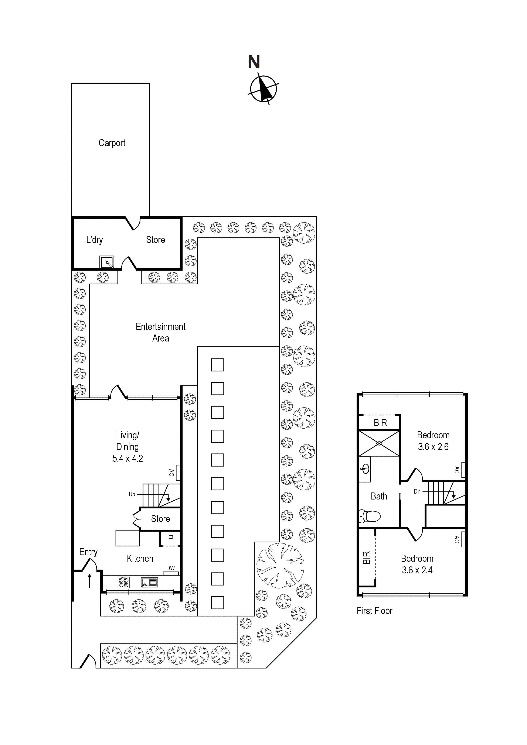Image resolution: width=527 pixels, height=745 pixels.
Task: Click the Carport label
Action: click(x=112, y=143)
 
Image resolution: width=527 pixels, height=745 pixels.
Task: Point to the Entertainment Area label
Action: click(x=161, y=332)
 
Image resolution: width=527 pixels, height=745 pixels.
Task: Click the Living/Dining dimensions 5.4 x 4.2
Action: click(x=128, y=459)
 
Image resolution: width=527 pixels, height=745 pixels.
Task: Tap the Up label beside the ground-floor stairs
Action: click(x=132, y=494)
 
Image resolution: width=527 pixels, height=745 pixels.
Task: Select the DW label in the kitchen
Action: click(x=170, y=568)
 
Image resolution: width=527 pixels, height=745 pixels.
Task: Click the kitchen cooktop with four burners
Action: click(x=124, y=582)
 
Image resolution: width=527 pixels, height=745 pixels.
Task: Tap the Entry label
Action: click(x=88, y=552)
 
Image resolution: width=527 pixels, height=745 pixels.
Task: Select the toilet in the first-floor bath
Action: click(x=370, y=516)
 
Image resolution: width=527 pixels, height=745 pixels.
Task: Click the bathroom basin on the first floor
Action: click(x=365, y=468)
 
